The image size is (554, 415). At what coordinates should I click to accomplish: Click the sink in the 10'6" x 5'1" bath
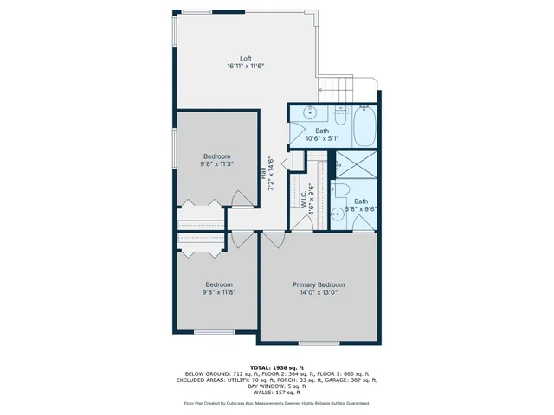coord(310,112)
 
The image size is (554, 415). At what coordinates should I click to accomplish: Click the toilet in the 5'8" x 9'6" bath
coord(340,192)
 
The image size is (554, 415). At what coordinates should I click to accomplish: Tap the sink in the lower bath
coord(338,215)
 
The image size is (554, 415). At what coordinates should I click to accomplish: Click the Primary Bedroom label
coord(318,284)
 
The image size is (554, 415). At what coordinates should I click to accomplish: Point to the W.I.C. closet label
coord(303,199)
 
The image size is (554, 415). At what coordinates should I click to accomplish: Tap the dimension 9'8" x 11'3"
coord(216,163)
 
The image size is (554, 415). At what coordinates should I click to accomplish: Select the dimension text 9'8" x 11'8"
coord(218,292)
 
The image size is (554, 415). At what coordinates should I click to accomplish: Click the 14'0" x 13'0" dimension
coord(318,292)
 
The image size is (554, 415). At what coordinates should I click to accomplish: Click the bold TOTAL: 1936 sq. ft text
coord(276,367)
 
